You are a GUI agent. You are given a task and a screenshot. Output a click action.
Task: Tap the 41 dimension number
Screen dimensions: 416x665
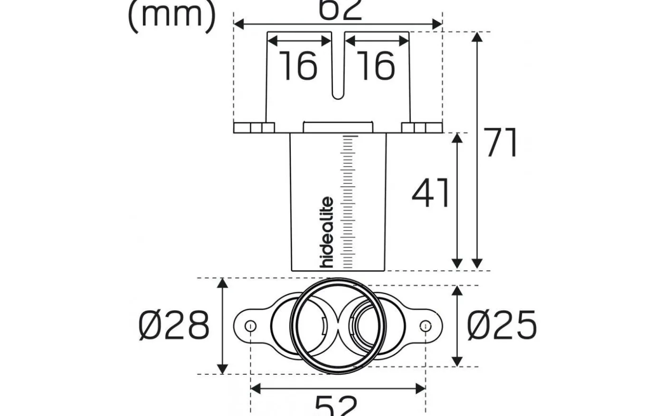pos(430,193)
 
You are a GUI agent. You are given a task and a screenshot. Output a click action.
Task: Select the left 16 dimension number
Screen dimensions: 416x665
pos(298,65)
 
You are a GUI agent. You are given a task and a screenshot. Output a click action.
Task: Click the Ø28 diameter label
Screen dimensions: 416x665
pos(174,326)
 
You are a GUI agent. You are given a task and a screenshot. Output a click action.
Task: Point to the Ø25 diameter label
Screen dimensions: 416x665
pos(502,326)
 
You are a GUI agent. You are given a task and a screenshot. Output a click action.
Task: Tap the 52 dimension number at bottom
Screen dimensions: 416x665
pos(336,406)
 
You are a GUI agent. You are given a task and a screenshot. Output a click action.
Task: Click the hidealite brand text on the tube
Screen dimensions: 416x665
pos(327,232)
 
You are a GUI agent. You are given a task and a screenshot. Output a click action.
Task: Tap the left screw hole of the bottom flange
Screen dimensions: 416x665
pos(251,326)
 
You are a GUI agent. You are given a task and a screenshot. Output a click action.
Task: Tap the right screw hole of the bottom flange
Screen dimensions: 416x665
pos(426,326)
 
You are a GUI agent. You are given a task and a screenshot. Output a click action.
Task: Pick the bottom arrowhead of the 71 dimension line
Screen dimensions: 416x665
pos(477,264)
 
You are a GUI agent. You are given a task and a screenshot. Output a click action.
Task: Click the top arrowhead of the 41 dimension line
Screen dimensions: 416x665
pos(457,138)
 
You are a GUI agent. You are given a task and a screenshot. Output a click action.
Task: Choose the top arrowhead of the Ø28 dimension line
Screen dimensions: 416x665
pos(222,284)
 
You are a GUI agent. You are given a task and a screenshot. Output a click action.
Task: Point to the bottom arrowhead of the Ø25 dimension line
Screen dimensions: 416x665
pos(457,361)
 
